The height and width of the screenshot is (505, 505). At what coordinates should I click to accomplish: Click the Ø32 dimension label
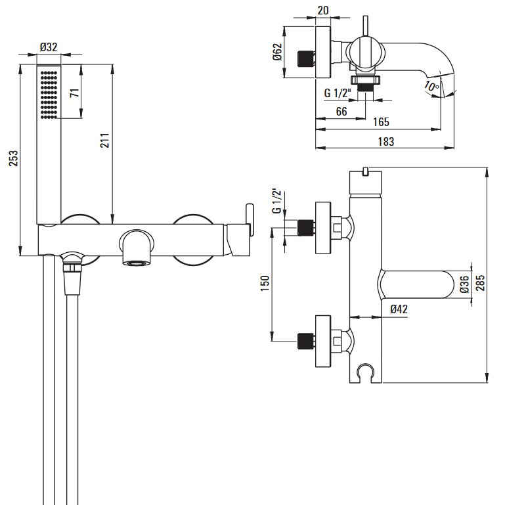(x=49, y=47)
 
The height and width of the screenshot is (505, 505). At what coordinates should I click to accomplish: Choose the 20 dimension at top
(x=323, y=11)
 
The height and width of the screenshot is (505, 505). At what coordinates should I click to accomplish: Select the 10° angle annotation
(x=430, y=86)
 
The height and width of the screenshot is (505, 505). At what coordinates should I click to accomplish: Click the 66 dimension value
(x=341, y=112)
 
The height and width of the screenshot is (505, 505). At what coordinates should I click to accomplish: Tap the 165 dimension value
(x=381, y=121)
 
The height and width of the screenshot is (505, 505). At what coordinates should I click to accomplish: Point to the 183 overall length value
(x=386, y=141)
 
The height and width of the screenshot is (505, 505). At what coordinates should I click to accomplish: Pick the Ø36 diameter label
(x=464, y=284)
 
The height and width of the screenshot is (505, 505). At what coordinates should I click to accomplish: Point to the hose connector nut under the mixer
(x=72, y=269)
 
